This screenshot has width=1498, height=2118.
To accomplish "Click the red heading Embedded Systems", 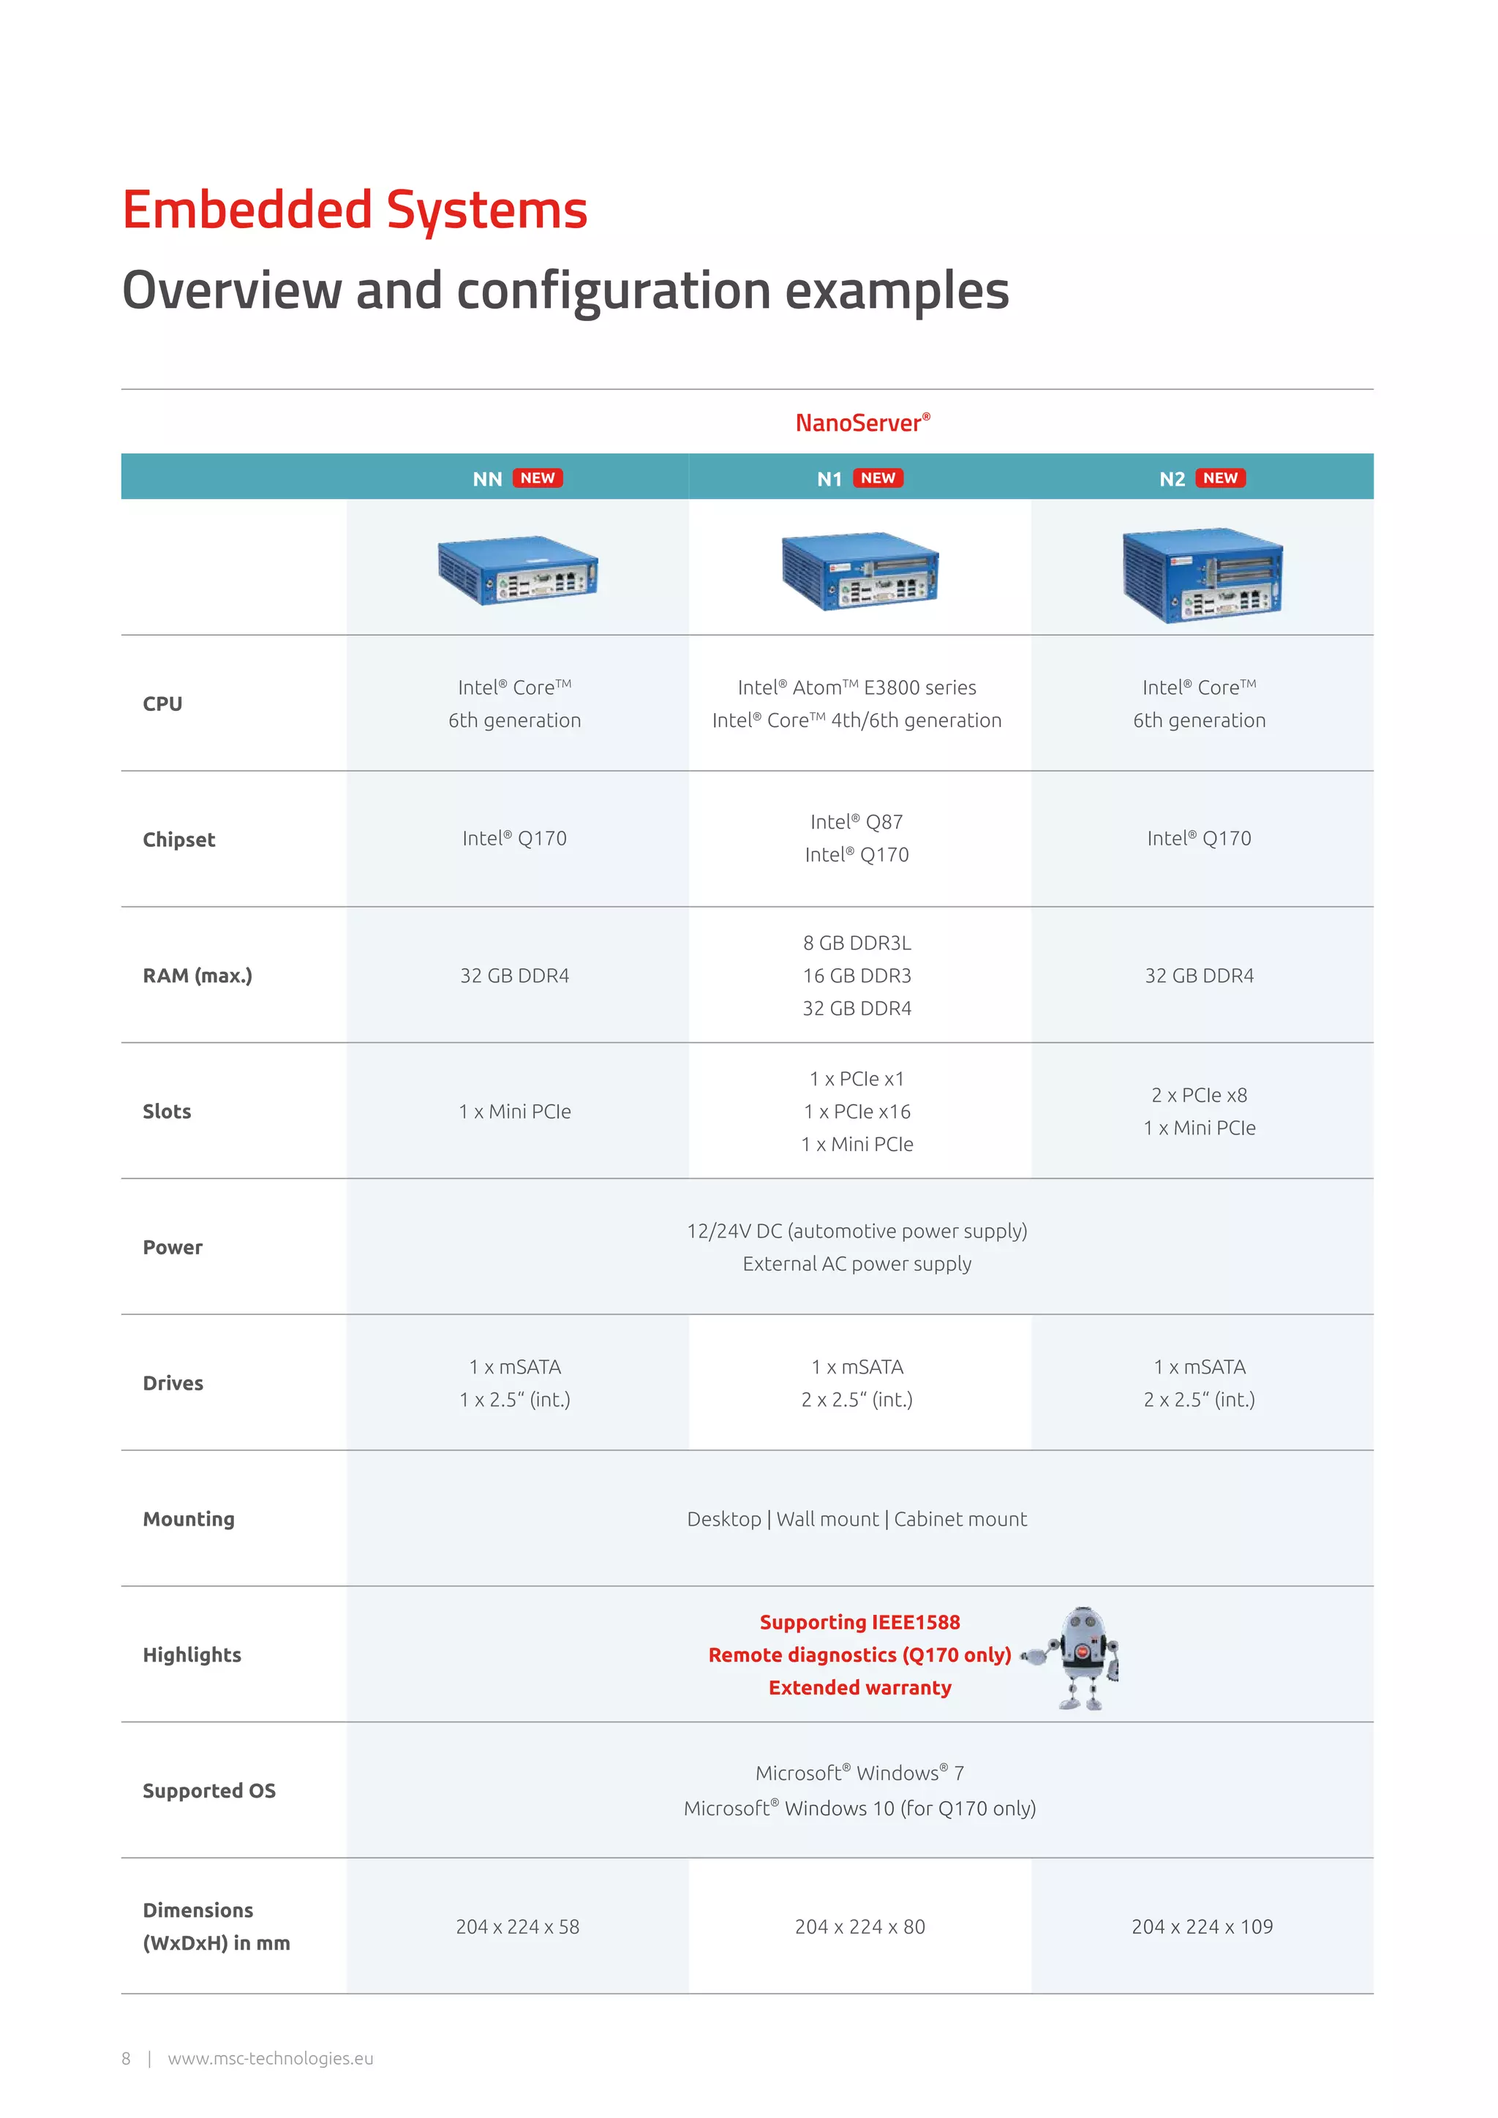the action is pyautogui.click(x=355, y=211).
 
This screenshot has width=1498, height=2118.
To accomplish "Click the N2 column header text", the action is pyautogui.click(x=1172, y=479).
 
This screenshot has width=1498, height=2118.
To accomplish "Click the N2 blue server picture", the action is pyautogui.click(x=1202, y=576).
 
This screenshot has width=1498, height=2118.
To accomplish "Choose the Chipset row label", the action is pyautogui.click(x=179, y=840).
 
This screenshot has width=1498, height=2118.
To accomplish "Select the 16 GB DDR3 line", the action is pyautogui.click(x=857, y=975).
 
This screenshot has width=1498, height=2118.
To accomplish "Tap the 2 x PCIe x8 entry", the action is pyautogui.click(x=1199, y=1095).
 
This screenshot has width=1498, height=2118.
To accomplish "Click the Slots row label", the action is pyautogui.click(x=167, y=1112).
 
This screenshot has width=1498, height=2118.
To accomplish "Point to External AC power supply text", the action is pyautogui.click(x=857, y=1264).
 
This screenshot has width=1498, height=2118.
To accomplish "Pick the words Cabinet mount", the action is pyautogui.click(x=960, y=1519).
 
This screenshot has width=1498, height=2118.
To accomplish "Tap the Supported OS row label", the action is pyautogui.click(x=209, y=1790).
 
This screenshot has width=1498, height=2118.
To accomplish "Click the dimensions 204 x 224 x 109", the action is pyautogui.click(x=1202, y=1926).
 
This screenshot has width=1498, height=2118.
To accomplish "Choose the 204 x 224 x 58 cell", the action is pyautogui.click(x=517, y=1926).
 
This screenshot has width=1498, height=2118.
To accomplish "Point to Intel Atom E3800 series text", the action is pyautogui.click(x=857, y=687).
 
